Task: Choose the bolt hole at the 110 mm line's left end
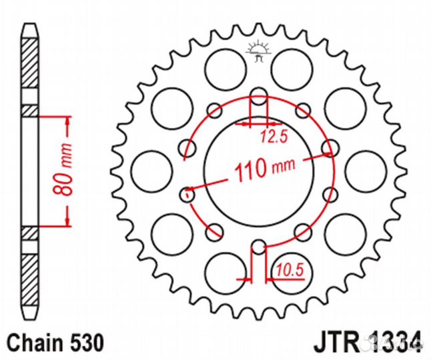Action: [188, 195]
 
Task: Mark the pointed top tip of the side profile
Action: [29, 27]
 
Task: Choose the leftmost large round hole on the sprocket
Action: [147, 170]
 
